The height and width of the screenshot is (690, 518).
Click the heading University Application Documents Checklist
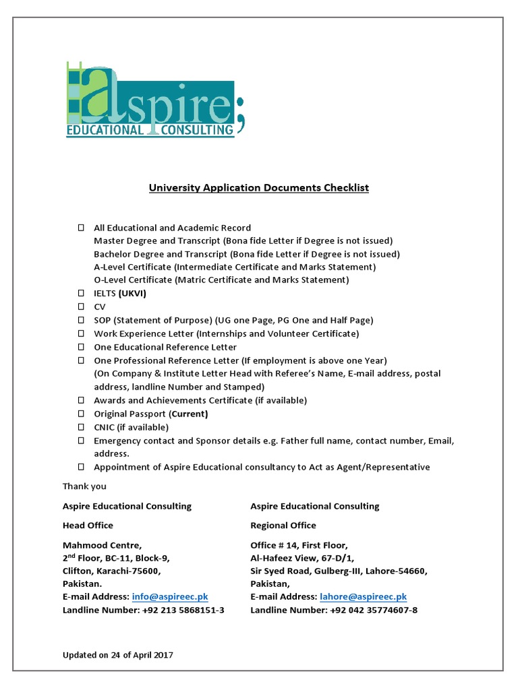click(259, 188)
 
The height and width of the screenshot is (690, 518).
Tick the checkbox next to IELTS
click(81, 294)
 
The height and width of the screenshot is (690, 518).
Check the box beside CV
click(81, 307)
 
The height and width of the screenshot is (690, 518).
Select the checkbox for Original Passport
click(81, 414)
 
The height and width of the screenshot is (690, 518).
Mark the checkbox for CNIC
click(81, 427)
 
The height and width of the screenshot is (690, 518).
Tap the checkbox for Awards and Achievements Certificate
click(81, 400)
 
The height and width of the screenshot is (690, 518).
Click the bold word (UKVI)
click(132, 294)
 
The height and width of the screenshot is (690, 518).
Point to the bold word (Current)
click(188, 414)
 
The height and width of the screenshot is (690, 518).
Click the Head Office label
click(88, 526)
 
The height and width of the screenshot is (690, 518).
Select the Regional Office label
click(283, 526)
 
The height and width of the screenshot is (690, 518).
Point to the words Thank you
click(84, 487)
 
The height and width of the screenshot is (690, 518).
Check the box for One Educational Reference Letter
click(81, 347)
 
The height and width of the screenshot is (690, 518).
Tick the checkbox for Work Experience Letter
click(81, 334)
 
